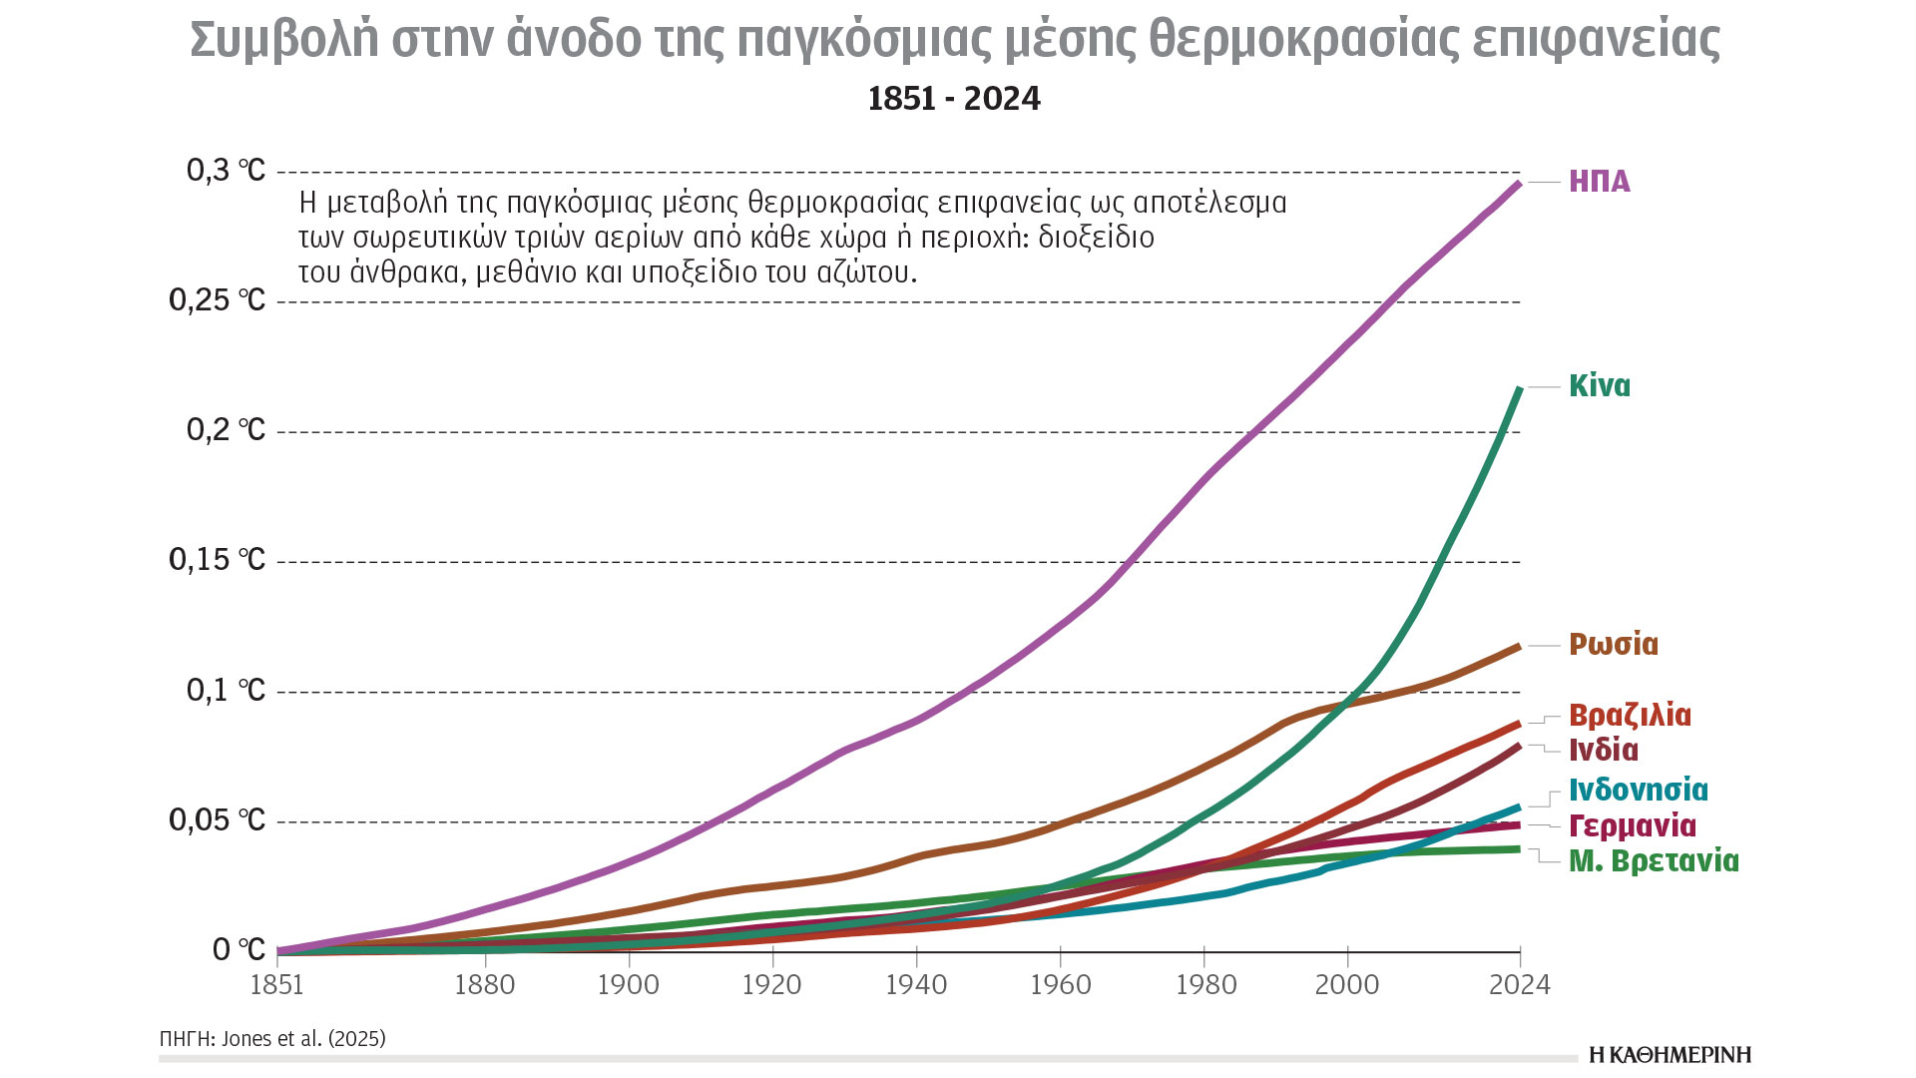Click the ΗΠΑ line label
point(1600,181)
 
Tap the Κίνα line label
point(1600,385)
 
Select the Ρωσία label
point(1614,644)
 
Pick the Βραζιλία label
point(1630,715)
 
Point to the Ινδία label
point(1604,750)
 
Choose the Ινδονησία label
point(1639,790)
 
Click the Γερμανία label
point(1633,825)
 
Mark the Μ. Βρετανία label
point(1654,860)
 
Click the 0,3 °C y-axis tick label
point(226,171)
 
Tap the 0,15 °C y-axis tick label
point(217,560)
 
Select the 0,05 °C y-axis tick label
point(217,820)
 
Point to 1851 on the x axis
point(276,985)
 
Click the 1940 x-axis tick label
point(916,985)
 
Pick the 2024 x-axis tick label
point(1520,985)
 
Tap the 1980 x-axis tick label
point(1205,985)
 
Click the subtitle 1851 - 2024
point(954,99)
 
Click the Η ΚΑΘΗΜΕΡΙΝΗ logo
point(1670,1054)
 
